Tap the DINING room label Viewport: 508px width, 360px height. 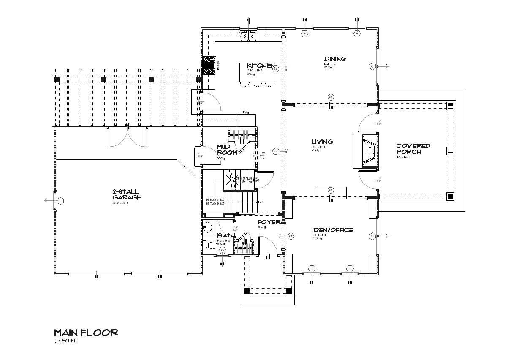[335, 59]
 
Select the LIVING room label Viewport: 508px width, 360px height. [322, 142]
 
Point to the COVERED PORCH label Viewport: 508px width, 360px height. [413, 149]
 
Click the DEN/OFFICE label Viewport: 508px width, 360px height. [333, 230]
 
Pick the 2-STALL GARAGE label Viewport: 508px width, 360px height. [126, 195]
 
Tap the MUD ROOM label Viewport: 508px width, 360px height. [226, 149]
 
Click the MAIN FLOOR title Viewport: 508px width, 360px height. [86, 333]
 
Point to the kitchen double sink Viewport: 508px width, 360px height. [249, 36]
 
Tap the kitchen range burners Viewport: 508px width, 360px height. [209, 65]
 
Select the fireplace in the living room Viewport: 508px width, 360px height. [366, 151]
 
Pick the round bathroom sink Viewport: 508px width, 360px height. [207, 228]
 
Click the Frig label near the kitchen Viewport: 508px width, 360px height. [245, 112]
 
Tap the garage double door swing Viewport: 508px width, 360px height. [128, 136]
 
